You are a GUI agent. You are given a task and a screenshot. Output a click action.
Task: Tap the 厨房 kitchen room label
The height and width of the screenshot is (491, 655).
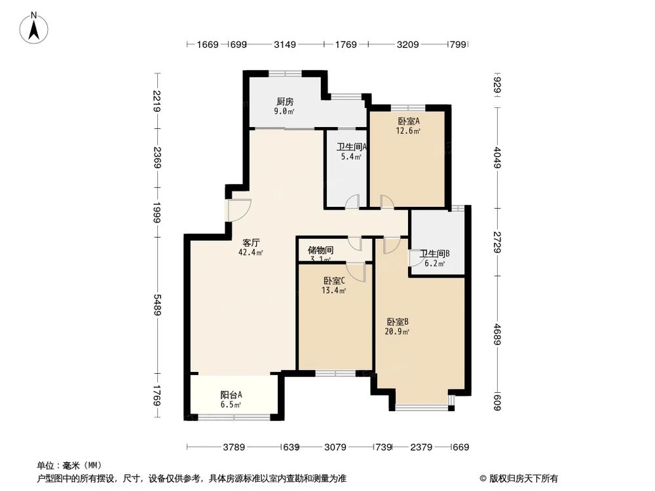284,101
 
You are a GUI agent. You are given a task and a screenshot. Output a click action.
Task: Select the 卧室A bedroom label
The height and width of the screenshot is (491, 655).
408,121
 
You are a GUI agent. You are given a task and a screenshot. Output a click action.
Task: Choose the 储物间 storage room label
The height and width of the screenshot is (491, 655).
320,250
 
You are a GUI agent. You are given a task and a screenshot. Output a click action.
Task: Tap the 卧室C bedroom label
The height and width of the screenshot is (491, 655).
333,281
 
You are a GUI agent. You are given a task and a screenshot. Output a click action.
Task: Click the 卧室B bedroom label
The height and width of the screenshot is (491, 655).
398,321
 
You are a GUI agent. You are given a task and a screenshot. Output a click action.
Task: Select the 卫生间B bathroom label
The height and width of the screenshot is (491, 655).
434,254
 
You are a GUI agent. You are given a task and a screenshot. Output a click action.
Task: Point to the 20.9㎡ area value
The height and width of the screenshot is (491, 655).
398,331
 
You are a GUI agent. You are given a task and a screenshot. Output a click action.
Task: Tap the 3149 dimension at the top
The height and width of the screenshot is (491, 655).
285,45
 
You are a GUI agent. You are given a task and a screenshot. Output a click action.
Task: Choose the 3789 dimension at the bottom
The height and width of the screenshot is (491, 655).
234,447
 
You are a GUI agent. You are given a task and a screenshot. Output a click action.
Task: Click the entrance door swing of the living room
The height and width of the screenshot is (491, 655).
237,209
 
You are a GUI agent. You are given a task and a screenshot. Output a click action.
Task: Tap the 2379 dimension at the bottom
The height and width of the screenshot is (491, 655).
421,447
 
